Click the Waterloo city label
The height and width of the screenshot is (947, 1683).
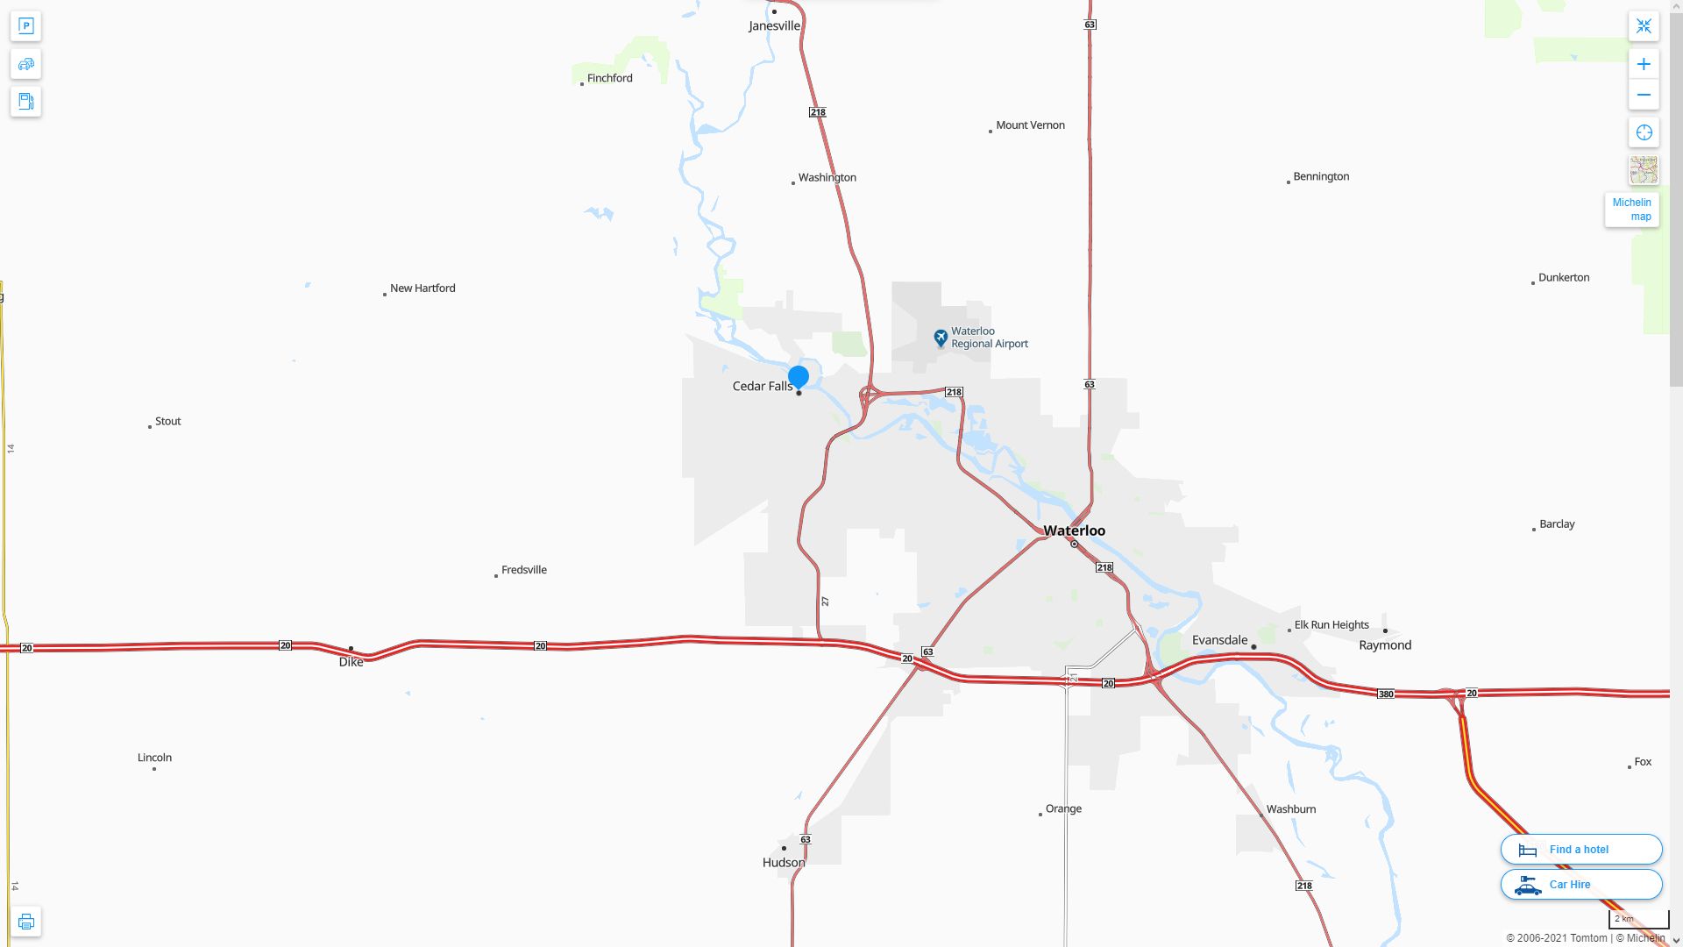click(1074, 530)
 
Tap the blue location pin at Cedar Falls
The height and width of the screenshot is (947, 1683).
click(798, 377)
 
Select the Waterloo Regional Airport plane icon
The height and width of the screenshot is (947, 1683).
click(941, 338)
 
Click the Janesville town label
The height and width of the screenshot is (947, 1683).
click(774, 26)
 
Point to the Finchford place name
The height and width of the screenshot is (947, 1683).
click(609, 78)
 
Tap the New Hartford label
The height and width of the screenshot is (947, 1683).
click(423, 288)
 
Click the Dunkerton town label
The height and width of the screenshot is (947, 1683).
click(1563, 278)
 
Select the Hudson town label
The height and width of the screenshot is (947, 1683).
click(784, 863)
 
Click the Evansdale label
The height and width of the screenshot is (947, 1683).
click(1219, 640)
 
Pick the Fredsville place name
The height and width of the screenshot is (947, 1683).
click(523, 570)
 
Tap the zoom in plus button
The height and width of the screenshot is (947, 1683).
click(1644, 64)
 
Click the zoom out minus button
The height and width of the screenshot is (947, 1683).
click(1644, 95)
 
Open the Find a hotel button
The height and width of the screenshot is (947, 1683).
click(1580, 849)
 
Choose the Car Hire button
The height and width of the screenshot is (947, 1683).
click(1580, 884)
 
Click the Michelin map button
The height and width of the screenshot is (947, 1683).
click(1631, 210)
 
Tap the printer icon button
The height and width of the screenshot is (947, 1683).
click(25, 922)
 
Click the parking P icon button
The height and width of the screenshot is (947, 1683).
click(25, 26)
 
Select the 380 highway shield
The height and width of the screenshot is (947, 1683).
click(1385, 694)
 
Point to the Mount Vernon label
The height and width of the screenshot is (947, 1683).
click(1030, 125)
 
